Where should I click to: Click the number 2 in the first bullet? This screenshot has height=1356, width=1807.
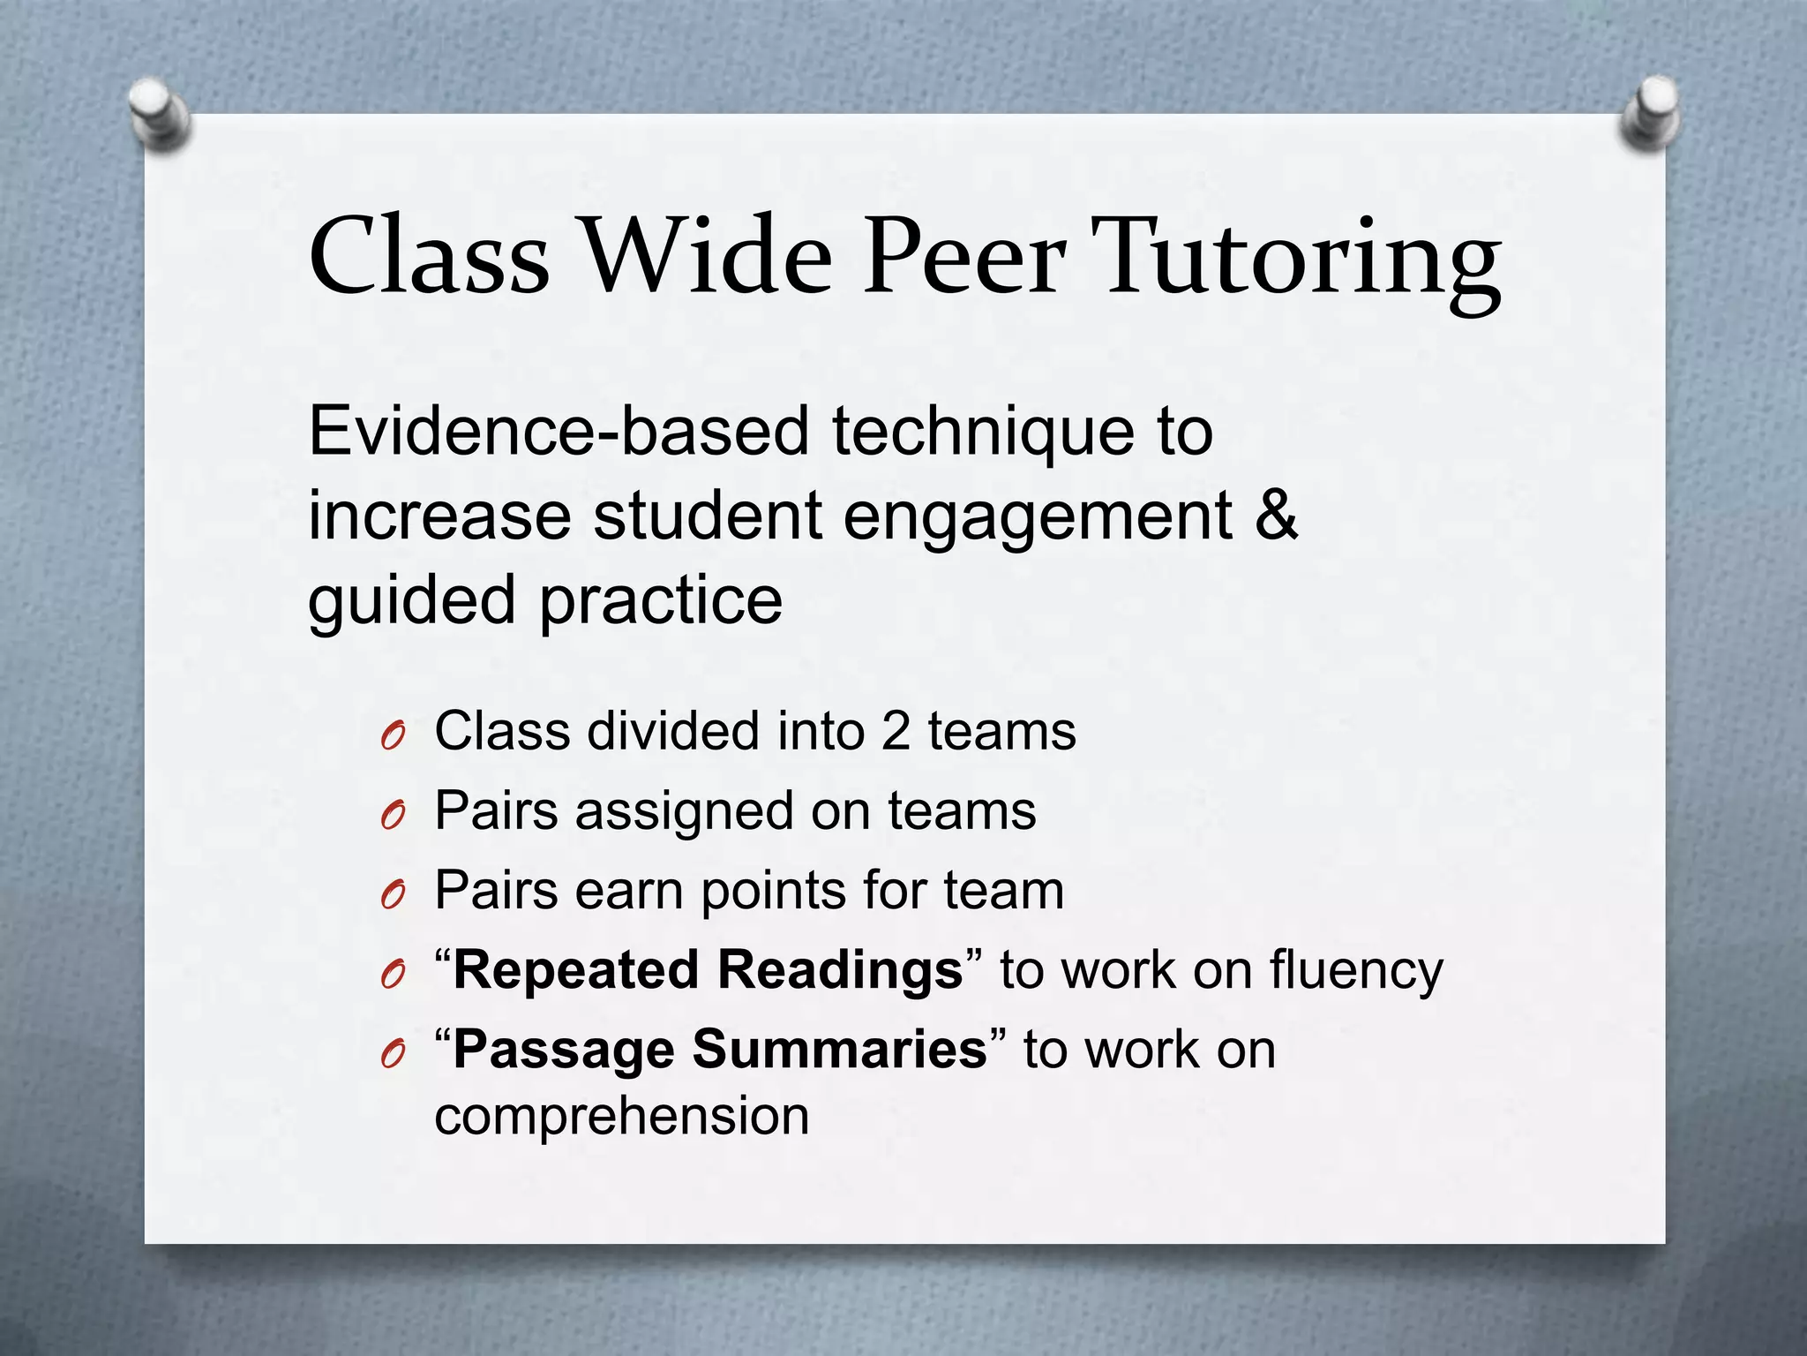896,731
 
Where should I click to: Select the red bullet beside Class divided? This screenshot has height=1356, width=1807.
393,734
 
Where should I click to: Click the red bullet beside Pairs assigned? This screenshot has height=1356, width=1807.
393,815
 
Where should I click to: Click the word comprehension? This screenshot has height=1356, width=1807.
622,1116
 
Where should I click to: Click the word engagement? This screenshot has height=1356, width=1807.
1038,517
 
